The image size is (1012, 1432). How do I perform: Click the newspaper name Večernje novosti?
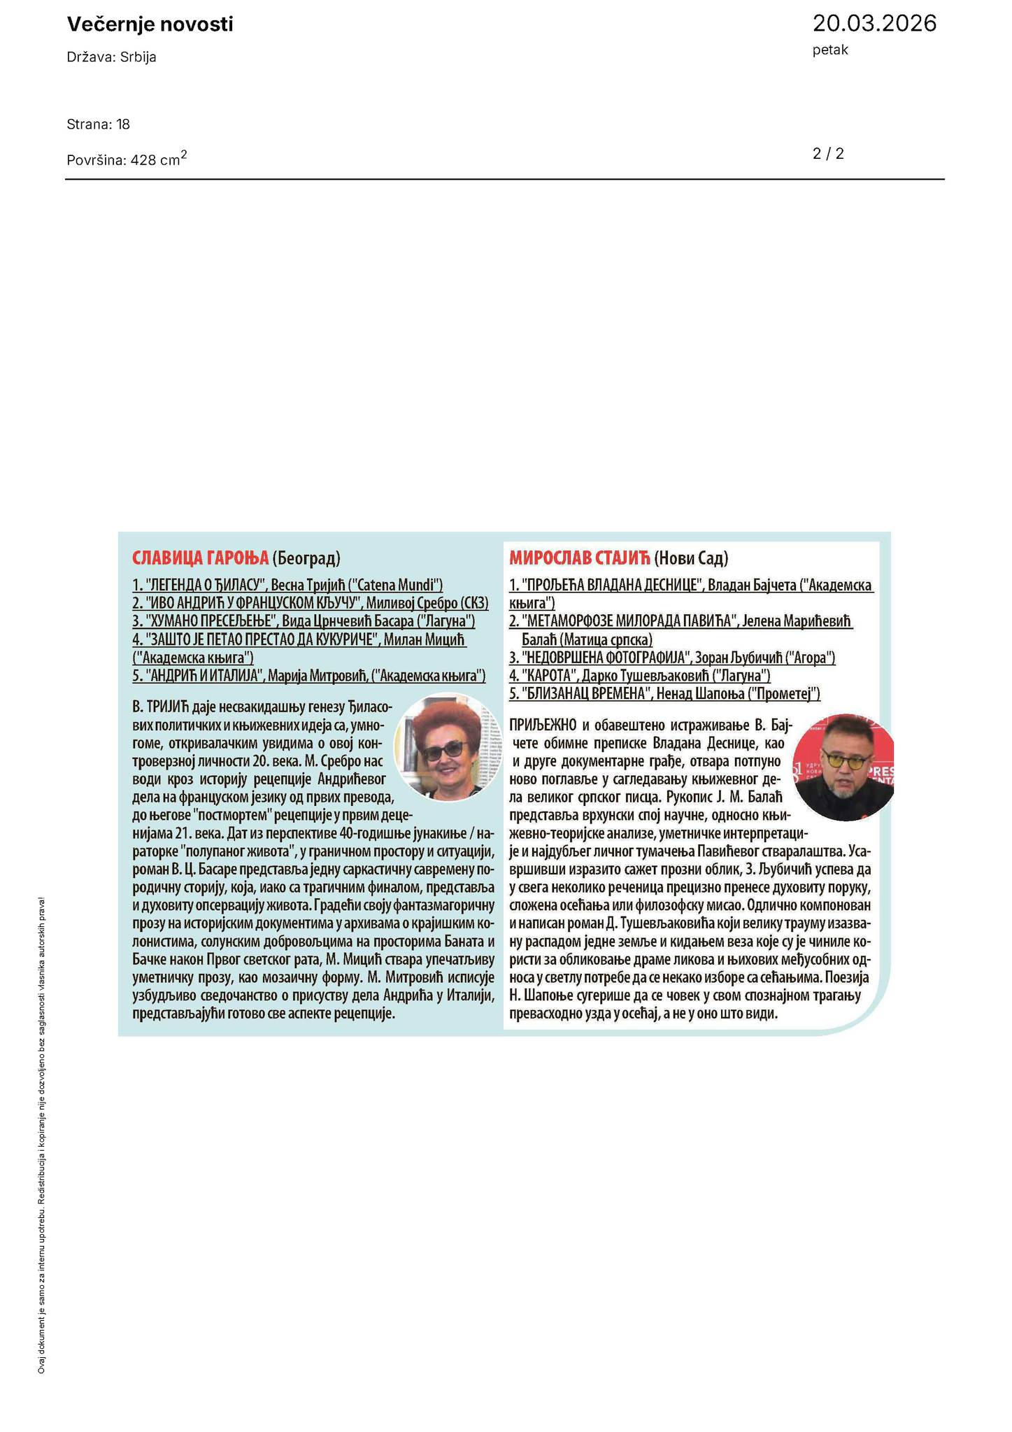click(150, 25)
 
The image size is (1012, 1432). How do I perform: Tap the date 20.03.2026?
click(874, 24)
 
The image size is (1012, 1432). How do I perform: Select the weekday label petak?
click(830, 50)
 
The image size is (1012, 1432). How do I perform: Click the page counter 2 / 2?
click(828, 154)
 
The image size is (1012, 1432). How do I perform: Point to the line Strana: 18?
click(98, 125)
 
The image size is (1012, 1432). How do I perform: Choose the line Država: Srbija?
click(111, 57)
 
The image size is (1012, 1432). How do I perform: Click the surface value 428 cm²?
click(159, 159)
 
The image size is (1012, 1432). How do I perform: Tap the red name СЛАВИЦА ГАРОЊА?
click(200, 558)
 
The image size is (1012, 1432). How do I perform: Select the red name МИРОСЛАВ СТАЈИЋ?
click(580, 558)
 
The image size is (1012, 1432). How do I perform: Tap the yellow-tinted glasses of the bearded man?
click(842, 762)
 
